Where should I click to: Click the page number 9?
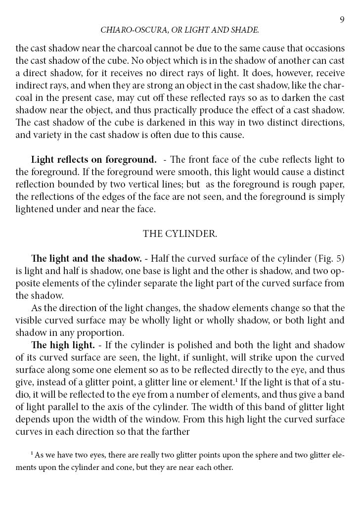pyautogui.click(x=342, y=19)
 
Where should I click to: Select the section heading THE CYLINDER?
pyautogui.click(x=180, y=234)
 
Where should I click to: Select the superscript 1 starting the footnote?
pyautogui.click(x=32, y=453)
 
